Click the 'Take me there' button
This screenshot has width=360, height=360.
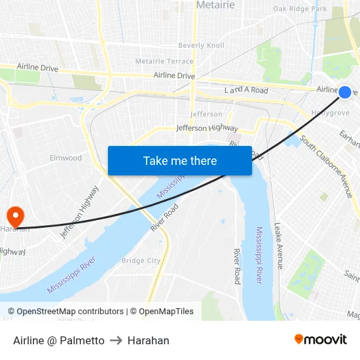click(x=180, y=161)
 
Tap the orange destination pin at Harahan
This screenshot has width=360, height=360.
click(x=14, y=216)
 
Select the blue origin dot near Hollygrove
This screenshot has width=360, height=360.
click(x=345, y=92)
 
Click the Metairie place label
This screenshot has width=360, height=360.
click(x=215, y=5)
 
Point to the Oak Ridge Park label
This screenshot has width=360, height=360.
click(x=300, y=9)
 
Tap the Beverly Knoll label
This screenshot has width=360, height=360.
click(x=202, y=45)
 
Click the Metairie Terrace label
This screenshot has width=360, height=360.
click(x=164, y=61)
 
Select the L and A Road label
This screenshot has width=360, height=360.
click(x=246, y=90)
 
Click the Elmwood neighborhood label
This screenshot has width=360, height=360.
click(x=66, y=158)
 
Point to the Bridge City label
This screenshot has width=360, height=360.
click(x=141, y=261)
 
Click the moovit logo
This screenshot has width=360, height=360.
click(x=320, y=340)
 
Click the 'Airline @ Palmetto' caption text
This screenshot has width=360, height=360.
click(x=59, y=340)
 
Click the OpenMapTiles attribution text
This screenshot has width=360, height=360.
click(x=161, y=312)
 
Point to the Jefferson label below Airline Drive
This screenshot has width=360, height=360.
click(x=206, y=114)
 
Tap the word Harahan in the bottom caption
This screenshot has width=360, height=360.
click(x=149, y=340)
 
